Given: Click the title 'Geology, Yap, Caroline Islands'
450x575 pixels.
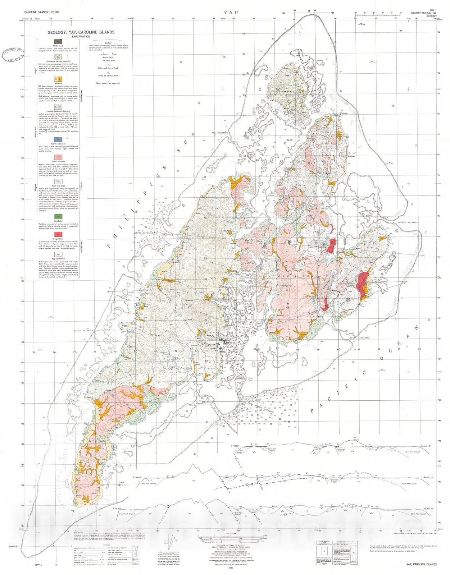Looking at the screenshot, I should point(81,32).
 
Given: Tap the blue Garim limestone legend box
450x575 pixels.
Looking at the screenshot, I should point(58,139).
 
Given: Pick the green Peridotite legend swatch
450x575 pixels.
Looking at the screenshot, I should point(58,216).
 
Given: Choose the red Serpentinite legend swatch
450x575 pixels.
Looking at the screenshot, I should point(58,234).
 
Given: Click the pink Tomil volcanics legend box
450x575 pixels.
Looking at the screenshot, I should point(58,157).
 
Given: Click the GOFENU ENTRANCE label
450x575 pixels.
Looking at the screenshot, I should point(408,222).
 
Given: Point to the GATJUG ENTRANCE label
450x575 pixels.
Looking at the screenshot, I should point(83,330).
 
